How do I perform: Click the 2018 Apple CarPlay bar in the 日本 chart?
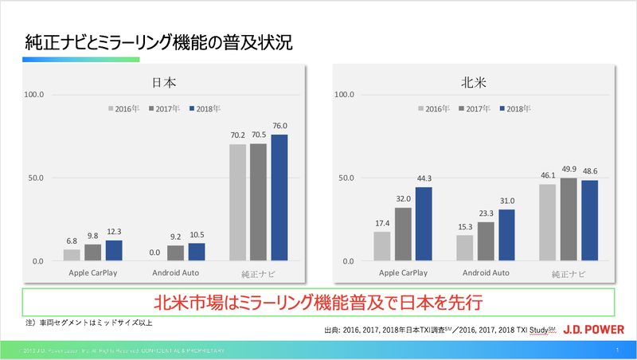(114, 251)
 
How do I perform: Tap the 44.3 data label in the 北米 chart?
(424, 178)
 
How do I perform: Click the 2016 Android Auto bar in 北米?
(465, 248)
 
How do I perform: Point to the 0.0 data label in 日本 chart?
(155, 252)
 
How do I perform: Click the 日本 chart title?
(165, 82)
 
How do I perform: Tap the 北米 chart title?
(472, 82)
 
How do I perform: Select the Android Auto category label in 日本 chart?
(175, 272)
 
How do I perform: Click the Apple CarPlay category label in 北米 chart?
(403, 272)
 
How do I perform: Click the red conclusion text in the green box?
(318, 303)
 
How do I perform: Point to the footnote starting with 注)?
(87, 323)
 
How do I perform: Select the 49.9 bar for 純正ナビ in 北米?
(569, 219)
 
